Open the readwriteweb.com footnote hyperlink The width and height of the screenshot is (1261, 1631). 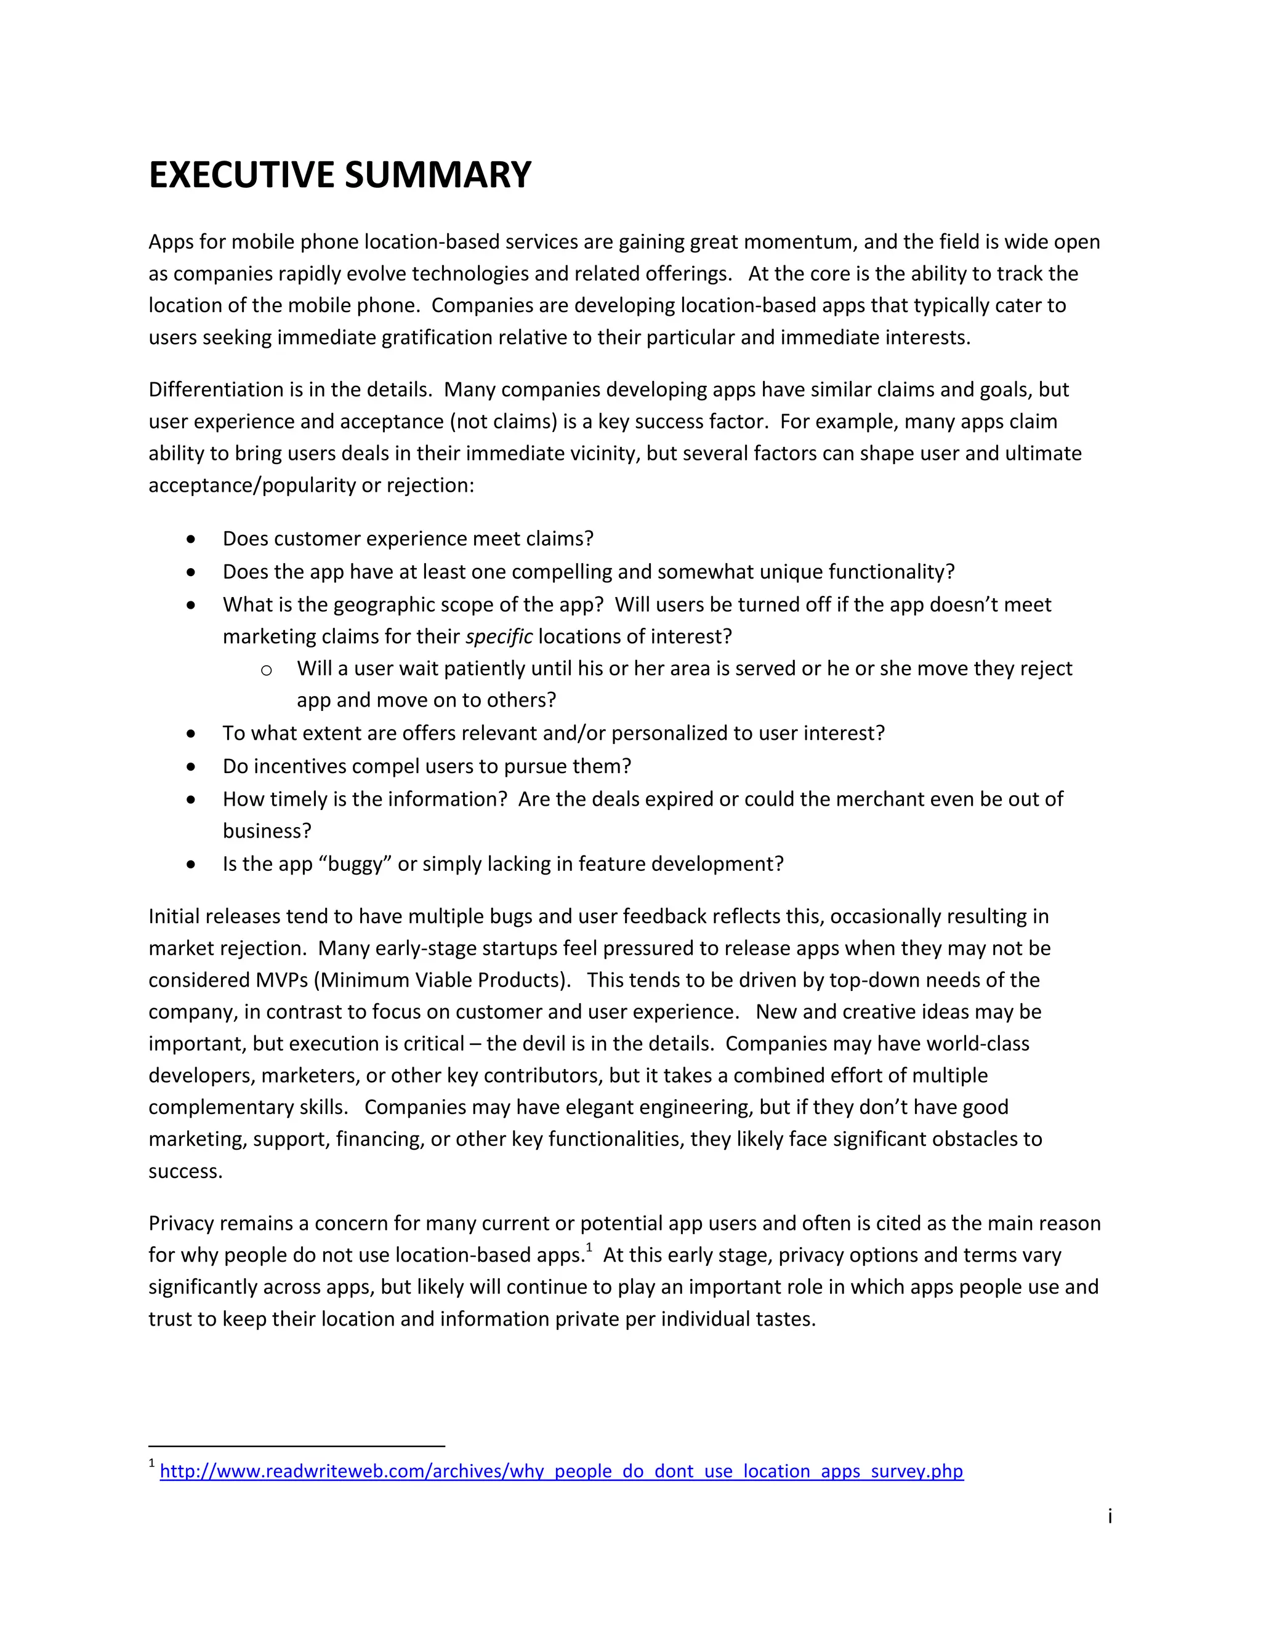point(561,1471)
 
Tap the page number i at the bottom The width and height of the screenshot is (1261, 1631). point(1110,1516)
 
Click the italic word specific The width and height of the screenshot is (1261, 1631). point(498,637)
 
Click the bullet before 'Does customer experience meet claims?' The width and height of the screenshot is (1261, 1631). point(192,539)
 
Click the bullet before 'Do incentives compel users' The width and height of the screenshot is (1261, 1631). point(192,767)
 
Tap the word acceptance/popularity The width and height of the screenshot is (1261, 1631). point(252,486)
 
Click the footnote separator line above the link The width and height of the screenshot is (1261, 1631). point(297,1446)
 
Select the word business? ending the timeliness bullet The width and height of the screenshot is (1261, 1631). point(267,831)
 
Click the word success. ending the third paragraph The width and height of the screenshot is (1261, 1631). point(185,1172)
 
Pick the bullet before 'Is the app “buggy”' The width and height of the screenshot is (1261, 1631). point(192,865)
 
